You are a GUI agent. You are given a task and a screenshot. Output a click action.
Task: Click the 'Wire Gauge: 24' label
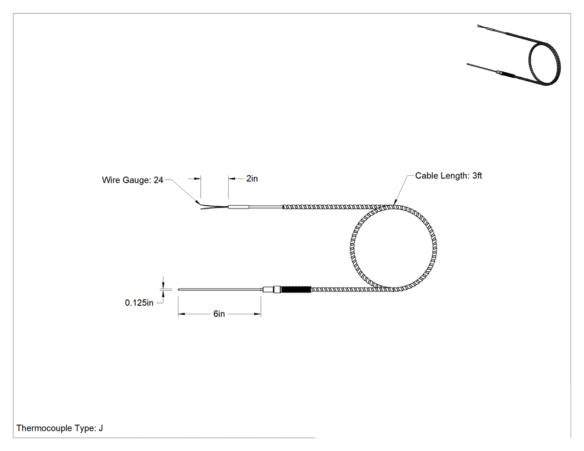(x=132, y=180)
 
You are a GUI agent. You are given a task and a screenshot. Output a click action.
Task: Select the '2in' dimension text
(x=252, y=179)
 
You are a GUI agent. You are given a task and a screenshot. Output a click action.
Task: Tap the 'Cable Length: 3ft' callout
(x=448, y=176)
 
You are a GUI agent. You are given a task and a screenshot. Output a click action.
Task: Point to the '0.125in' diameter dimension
(x=139, y=303)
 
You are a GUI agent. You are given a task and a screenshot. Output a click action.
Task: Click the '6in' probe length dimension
(x=219, y=314)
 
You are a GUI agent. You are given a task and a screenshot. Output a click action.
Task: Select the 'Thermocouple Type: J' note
(x=60, y=428)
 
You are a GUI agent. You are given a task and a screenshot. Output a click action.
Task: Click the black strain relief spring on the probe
(x=296, y=289)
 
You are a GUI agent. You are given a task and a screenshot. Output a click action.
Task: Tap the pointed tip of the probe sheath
(x=179, y=289)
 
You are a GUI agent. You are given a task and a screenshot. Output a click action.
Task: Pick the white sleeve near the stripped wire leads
(x=239, y=207)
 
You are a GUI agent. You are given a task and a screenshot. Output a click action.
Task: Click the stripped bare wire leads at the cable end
(x=213, y=206)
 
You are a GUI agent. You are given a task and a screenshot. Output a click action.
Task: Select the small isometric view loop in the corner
(x=545, y=64)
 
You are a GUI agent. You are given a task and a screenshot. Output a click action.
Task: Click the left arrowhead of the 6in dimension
(x=181, y=314)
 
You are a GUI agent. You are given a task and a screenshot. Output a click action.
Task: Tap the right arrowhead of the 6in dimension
(x=258, y=314)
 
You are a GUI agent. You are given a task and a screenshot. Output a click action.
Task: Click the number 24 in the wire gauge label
(x=159, y=180)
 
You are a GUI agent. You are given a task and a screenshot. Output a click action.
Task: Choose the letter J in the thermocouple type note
(x=101, y=428)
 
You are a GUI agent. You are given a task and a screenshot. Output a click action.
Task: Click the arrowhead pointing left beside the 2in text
(x=232, y=179)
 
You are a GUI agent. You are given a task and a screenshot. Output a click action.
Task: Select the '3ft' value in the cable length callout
(x=477, y=176)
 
